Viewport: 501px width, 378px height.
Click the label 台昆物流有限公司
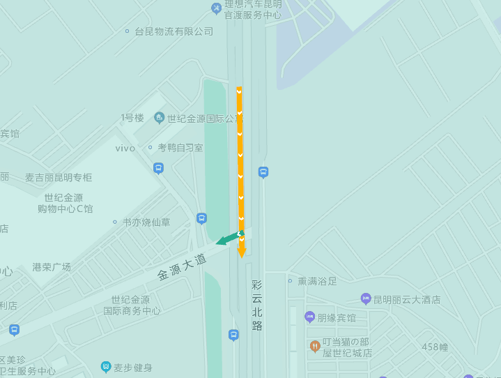pos(174,31)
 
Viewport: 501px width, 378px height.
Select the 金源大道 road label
pos(182,266)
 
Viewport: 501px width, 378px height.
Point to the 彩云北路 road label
pos(257,305)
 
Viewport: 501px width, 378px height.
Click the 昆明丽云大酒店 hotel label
pos(407,299)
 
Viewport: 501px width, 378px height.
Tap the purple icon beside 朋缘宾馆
pos(310,317)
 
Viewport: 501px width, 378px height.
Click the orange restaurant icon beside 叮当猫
pos(315,346)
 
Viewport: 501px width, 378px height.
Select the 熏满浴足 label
pos(317,281)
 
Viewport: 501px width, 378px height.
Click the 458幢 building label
pos(435,347)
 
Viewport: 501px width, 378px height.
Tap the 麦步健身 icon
pos(106,367)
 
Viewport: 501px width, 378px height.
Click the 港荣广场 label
pos(52,267)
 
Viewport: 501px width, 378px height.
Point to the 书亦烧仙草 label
pos(146,222)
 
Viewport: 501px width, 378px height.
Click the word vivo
pos(125,148)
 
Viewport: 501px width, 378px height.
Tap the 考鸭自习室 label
pos(180,148)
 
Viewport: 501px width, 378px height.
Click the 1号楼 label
pos(132,118)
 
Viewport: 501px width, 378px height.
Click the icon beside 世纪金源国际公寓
pos(160,118)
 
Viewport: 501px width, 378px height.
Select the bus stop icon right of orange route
pos(263,172)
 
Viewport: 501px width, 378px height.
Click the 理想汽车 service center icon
pos(216,8)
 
